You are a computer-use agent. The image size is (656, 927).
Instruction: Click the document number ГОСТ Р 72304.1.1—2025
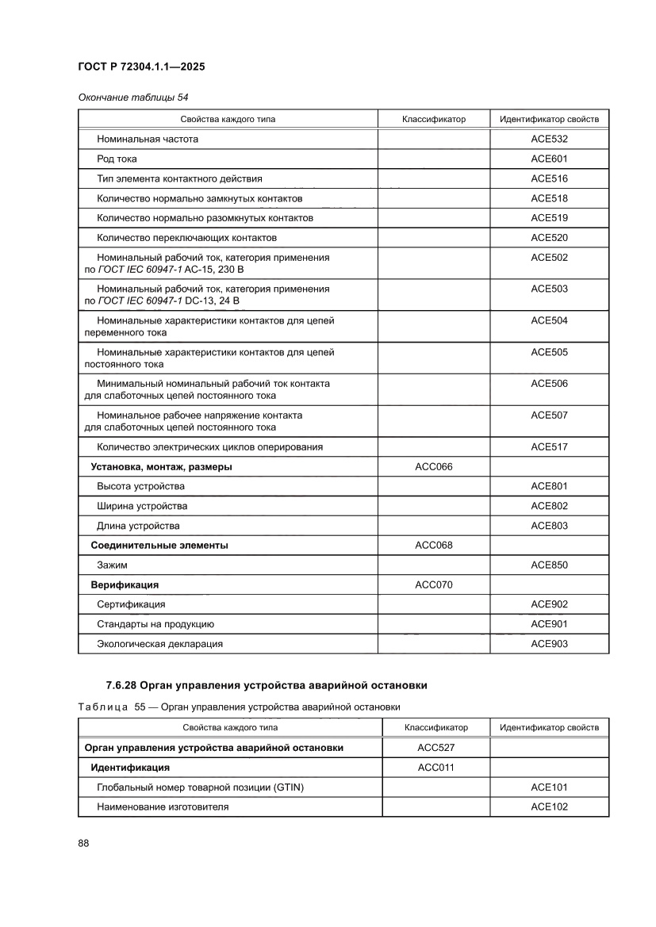point(141,67)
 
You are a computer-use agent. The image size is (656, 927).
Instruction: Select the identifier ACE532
point(549,139)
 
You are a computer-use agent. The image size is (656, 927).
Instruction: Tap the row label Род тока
point(117,159)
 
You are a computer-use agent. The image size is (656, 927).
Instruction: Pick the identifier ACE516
point(549,178)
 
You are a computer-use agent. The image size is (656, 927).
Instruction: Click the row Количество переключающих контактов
point(186,238)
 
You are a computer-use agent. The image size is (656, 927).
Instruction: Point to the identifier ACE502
point(549,258)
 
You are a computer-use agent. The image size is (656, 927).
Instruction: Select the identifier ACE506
point(549,384)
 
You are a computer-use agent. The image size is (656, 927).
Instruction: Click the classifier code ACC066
point(433,467)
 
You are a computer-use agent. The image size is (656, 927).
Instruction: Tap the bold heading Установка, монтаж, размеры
point(161,467)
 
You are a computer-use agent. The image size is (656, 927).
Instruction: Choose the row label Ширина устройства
point(142,506)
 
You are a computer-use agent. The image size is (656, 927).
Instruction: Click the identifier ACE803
point(549,526)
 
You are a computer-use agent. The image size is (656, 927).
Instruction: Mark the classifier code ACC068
point(433,546)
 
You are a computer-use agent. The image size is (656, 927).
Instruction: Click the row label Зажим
point(112,565)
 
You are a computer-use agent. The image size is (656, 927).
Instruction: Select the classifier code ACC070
point(433,585)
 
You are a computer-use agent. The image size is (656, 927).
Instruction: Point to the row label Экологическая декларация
point(159,644)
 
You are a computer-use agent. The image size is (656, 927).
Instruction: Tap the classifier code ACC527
point(435,748)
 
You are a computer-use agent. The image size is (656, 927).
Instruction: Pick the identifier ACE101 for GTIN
point(549,787)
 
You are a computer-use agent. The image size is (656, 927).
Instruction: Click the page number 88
point(83,843)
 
